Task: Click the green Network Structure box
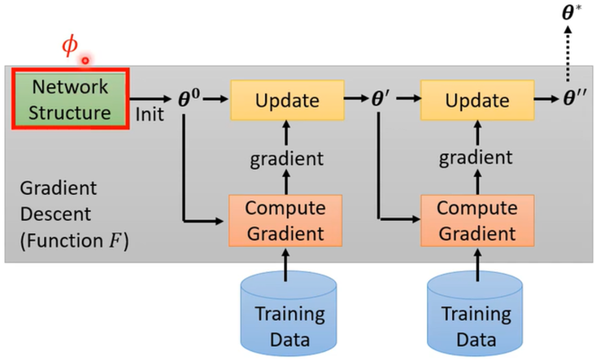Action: pos(71,99)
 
